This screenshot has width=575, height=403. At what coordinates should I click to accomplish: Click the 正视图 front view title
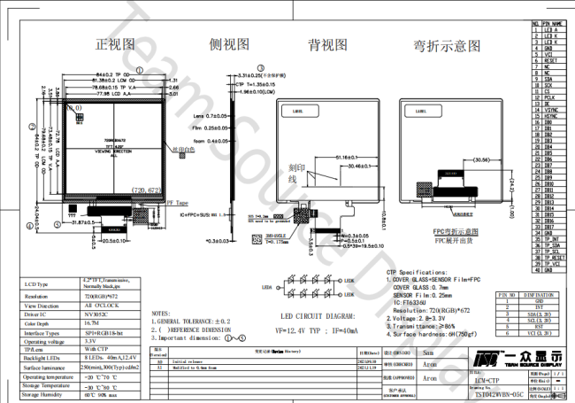[116, 43]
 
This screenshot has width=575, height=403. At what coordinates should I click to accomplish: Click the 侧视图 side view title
[227, 43]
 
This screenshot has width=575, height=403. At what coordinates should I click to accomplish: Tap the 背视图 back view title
[326, 43]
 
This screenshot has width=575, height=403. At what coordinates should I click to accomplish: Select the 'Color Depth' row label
[40, 323]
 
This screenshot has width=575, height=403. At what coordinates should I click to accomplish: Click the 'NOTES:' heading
[161, 314]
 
